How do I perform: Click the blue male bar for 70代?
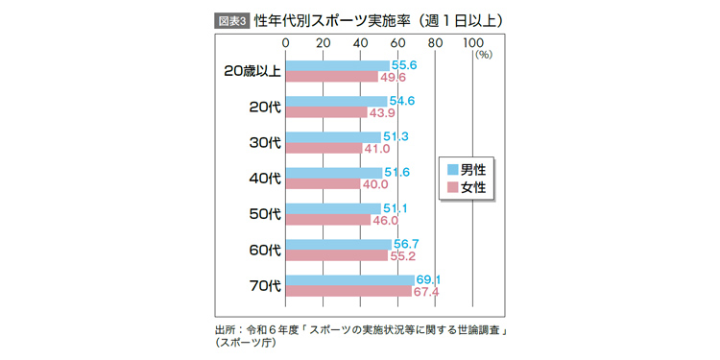point(350,280)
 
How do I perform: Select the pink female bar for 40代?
point(324,184)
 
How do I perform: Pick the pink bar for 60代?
point(337,256)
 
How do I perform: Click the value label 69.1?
point(428,280)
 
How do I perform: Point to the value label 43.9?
point(383,112)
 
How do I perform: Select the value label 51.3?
point(396,137)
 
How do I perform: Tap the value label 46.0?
point(386,220)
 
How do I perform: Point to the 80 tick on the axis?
point(435,43)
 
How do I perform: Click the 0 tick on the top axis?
point(286,43)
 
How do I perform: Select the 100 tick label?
point(473,43)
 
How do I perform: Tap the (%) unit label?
point(482,56)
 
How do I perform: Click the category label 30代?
point(263,142)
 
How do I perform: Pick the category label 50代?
point(263,214)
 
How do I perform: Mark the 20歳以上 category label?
point(251,71)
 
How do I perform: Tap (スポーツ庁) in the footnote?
point(245,343)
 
